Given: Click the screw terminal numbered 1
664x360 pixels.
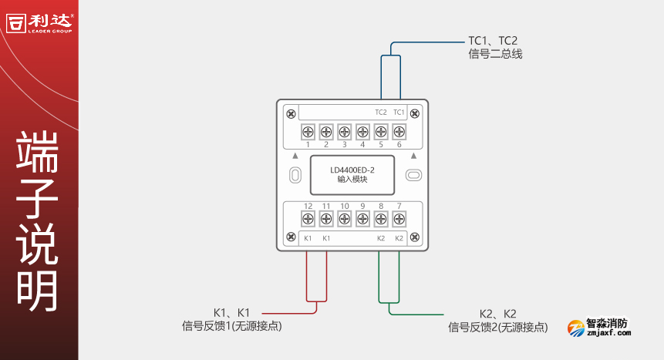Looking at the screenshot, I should (308, 132).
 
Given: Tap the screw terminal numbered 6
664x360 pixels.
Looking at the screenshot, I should (399, 132).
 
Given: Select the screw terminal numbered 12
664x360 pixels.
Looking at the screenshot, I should (308, 219).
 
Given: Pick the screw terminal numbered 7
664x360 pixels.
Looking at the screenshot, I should (399, 219).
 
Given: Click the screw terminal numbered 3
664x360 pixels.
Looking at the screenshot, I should (344, 132).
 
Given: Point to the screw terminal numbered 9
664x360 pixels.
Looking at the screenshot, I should (362, 219).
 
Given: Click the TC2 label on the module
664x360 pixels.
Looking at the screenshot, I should (380, 113).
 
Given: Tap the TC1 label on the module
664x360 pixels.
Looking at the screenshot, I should (399, 113).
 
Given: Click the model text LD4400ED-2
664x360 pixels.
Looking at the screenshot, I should (352, 170).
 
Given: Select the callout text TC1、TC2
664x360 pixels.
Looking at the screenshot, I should (493, 41).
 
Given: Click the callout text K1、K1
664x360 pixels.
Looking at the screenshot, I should (232, 313).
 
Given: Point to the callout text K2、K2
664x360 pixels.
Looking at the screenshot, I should (498, 314).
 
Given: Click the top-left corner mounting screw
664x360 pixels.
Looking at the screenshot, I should (291, 114).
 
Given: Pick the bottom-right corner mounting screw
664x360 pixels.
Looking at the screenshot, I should (416, 237).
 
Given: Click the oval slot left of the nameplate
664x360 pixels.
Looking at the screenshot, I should (295, 175).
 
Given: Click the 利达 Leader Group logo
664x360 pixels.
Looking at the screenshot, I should (39, 21).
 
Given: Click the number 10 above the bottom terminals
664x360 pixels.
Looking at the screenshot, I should (344, 206).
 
